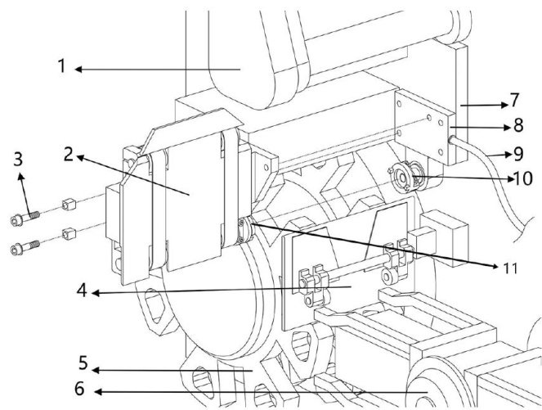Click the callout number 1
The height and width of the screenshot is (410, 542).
pyautogui.click(x=62, y=65)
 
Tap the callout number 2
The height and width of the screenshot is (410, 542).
pyautogui.click(x=69, y=154)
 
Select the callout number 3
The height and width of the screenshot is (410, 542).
pyautogui.click(x=18, y=159)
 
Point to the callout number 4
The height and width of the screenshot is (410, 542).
pyautogui.click(x=82, y=291)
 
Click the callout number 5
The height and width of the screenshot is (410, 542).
pyautogui.click(x=83, y=363)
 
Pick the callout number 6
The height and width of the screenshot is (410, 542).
pyautogui.click(x=79, y=389)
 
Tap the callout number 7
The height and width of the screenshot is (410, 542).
pyautogui.click(x=515, y=100)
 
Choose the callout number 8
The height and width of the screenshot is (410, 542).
pyautogui.click(x=518, y=125)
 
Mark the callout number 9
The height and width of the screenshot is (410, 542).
pyautogui.click(x=518, y=154)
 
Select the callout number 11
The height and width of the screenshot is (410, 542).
pyautogui.click(x=510, y=268)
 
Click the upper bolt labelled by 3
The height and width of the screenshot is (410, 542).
pyautogui.click(x=25, y=218)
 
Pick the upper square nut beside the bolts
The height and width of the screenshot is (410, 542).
pyautogui.click(x=69, y=204)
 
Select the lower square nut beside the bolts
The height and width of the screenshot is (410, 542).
pyautogui.click(x=69, y=233)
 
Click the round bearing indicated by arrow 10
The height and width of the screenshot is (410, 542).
pyautogui.click(x=403, y=178)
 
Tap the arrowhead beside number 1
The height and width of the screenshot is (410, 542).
pyautogui.click(x=78, y=70)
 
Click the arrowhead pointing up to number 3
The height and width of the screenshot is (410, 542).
pyautogui.click(x=21, y=177)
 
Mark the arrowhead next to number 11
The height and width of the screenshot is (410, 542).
pyautogui.click(x=496, y=266)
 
